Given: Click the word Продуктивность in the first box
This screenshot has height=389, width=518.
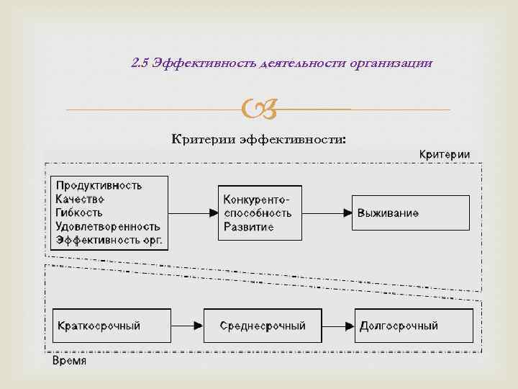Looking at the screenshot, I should pyautogui.click(x=99, y=185).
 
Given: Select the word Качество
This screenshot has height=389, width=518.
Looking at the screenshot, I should pyautogui.click(x=80, y=199).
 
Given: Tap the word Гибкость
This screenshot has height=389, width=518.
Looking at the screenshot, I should pyautogui.click(x=79, y=213).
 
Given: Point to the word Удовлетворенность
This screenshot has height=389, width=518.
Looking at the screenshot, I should pyautogui.click(x=107, y=226).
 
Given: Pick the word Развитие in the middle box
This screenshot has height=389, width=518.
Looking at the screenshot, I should pyautogui.click(x=248, y=227).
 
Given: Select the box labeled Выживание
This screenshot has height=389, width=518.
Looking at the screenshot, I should pyautogui.click(x=410, y=213).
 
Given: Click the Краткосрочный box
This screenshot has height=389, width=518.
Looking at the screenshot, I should pyautogui.click(x=111, y=326).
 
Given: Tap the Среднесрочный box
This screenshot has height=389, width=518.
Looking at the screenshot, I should pyautogui.click(x=262, y=326).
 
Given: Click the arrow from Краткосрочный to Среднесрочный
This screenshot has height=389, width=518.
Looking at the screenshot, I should pyautogui.click(x=187, y=326).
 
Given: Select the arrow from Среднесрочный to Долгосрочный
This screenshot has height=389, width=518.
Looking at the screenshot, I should pyautogui.click(x=337, y=326).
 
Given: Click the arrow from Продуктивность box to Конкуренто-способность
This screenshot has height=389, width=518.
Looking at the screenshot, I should pyautogui.click(x=193, y=213).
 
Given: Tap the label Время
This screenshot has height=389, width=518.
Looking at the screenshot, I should pyautogui.click(x=70, y=360).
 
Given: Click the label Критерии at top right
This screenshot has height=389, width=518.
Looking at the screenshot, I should pyautogui.click(x=445, y=155).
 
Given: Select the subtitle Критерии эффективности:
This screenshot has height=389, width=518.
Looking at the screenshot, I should pyautogui.click(x=258, y=138).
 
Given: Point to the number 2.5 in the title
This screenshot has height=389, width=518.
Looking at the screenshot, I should pyautogui.click(x=140, y=64).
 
